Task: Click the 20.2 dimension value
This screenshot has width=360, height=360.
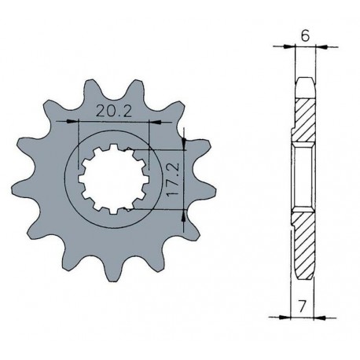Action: point(114,112)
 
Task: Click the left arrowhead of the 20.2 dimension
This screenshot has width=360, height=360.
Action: point(82,123)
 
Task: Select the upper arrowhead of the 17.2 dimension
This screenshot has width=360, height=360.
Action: point(182,139)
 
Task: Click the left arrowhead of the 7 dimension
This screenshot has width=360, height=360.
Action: point(287,317)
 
